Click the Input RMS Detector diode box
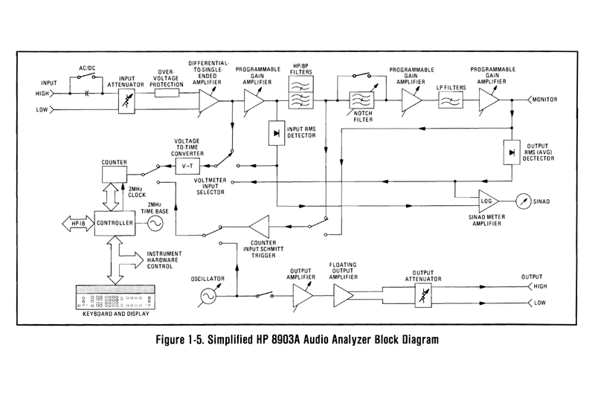[277, 132]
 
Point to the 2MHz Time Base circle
[157, 223]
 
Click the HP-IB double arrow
[77, 223]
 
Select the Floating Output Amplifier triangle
[344, 297]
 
